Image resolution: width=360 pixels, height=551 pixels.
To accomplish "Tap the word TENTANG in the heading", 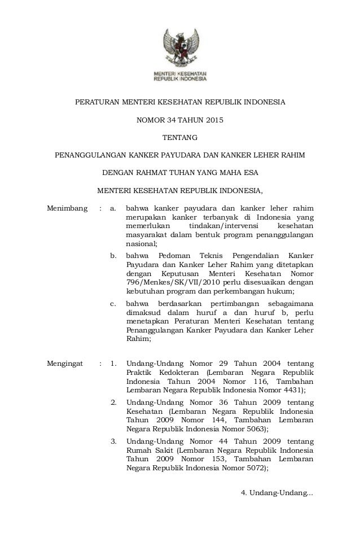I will tap(180, 137).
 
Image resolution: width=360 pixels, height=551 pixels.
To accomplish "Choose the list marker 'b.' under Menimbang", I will tap(114, 256).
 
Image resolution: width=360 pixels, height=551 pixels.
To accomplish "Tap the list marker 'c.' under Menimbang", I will tap(114, 305).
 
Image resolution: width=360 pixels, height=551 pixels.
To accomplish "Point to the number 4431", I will tap(292, 390).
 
